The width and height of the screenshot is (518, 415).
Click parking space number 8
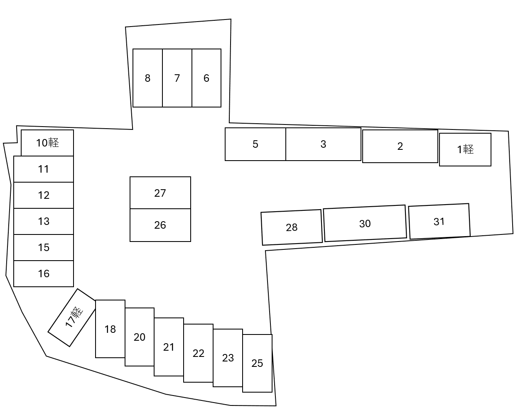tap(147, 78)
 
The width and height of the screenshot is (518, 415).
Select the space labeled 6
tap(206, 78)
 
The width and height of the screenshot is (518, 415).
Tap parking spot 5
tap(255, 144)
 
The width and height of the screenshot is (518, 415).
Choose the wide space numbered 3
tap(323, 144)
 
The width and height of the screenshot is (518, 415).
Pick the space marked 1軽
tap(465, 149)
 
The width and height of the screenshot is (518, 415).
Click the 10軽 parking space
tap(47, 143)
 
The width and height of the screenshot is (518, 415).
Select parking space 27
tap(160, 193)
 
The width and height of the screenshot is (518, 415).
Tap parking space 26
tap(160, 225)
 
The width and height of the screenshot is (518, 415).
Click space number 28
tap(292, 227)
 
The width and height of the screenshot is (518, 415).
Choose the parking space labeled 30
tap(365, 223)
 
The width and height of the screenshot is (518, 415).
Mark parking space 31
tap(439, 222)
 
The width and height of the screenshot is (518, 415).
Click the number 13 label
tap(44, 221)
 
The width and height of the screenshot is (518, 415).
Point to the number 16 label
tap(44, 273)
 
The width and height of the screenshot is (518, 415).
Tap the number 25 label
tap(257, 363)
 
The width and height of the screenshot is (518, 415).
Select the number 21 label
tap(169, 347)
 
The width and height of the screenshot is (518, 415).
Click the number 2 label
tap(400, 146)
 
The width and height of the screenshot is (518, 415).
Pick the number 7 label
tap(177, 78)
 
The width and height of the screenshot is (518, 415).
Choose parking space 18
tap(110, 329)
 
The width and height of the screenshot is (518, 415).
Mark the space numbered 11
tap(44, 169)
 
